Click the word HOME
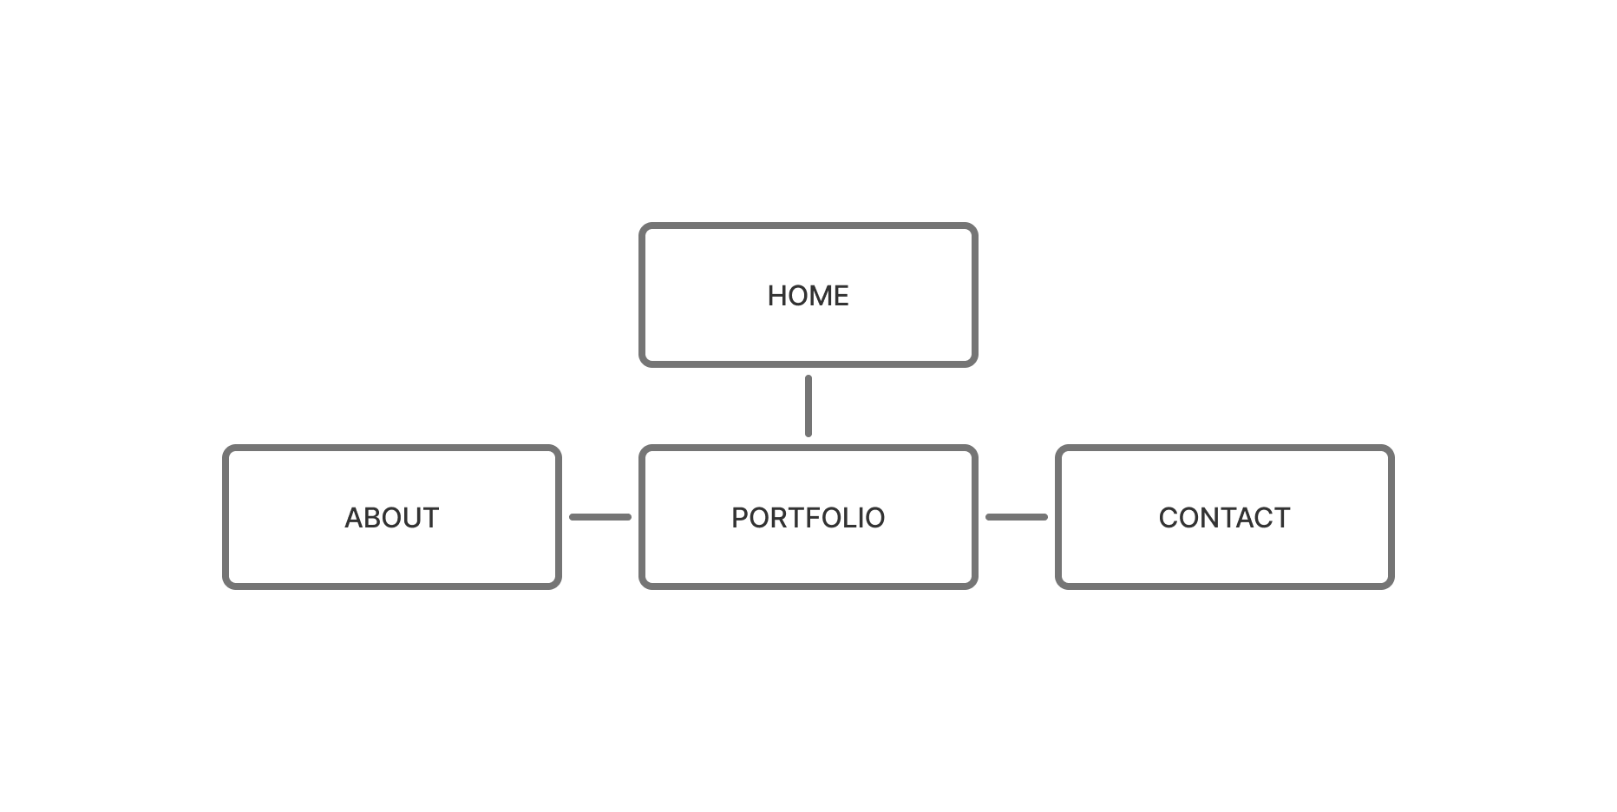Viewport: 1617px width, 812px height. (x=808, y=296)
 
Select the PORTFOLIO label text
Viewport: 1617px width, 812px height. (x=808, y=518)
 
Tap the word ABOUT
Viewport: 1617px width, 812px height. (x=391, y=518)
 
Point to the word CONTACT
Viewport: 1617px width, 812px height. (x=1224, y=518)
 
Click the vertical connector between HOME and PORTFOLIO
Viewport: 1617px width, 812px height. (x=808, y=406)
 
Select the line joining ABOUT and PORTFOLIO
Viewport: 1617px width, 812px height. (x=600, y=517)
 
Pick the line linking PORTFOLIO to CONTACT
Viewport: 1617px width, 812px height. (x=1017, y=517)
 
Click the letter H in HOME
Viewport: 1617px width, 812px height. (x=777, y=296)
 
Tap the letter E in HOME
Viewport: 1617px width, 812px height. (x=841, y=296)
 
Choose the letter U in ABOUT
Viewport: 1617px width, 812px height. (x=412, y=518)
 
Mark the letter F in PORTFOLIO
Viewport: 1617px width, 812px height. (x=803, y=518)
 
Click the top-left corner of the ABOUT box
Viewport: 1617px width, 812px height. (x=225, y=448)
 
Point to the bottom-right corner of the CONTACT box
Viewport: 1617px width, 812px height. (x=1392, y=587)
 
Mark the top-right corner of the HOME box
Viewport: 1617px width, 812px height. (x=976, y=226)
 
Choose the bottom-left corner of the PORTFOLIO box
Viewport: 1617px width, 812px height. (x=641, y=587)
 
